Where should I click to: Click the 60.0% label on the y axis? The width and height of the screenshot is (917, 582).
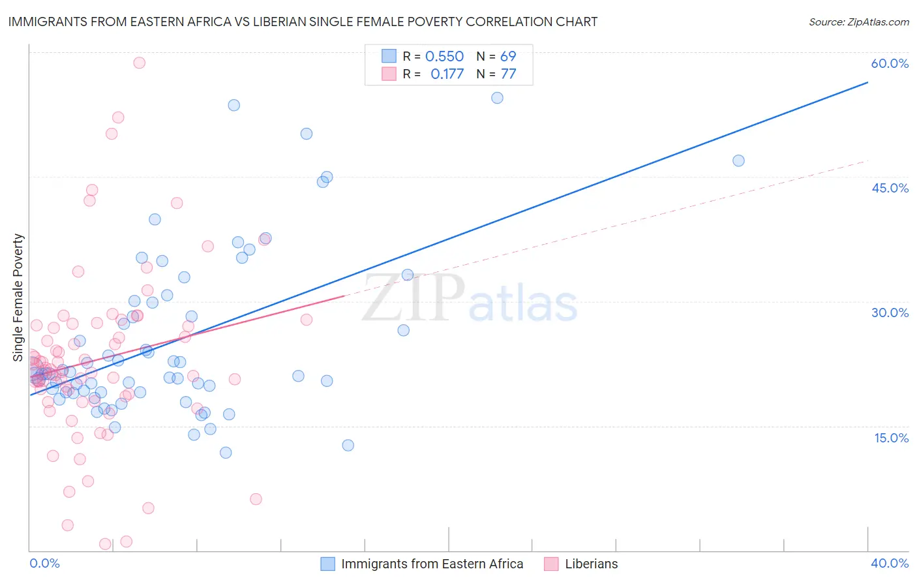tap(890, 63)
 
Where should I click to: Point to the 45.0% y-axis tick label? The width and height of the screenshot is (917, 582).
tap(890, 188)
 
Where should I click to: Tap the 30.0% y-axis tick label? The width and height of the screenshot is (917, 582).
tap(890, 313)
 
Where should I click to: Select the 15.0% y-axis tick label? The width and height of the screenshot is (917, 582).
tap(891, 438)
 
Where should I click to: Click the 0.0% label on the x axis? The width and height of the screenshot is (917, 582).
tap(44, 563)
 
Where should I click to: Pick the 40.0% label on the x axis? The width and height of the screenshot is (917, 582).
tap(889, 563)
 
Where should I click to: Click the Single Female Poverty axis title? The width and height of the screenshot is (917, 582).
tap(18, 298)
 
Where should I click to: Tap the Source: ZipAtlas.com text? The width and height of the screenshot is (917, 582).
tap(858, 22)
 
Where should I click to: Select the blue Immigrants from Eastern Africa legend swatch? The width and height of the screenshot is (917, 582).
tap(328, 564)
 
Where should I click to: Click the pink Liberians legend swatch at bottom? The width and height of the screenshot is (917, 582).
tap(552, 564)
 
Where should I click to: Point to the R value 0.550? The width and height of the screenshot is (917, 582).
tap(444, 57)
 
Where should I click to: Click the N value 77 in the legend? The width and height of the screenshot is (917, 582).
tap(508, 74)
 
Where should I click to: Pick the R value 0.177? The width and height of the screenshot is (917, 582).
tap(447, 74)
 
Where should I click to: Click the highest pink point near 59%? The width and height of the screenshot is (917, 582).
tap(139, 63)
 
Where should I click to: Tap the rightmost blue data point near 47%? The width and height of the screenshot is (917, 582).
tap(738, 161)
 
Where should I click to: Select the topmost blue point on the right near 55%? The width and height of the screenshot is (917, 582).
tap(497, 98)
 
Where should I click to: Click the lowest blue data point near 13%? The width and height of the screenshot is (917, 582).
tap(348, 445)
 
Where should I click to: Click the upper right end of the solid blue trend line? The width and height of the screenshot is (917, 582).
tap(867, 82)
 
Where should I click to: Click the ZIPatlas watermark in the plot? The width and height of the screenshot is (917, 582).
tap(470, 299)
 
